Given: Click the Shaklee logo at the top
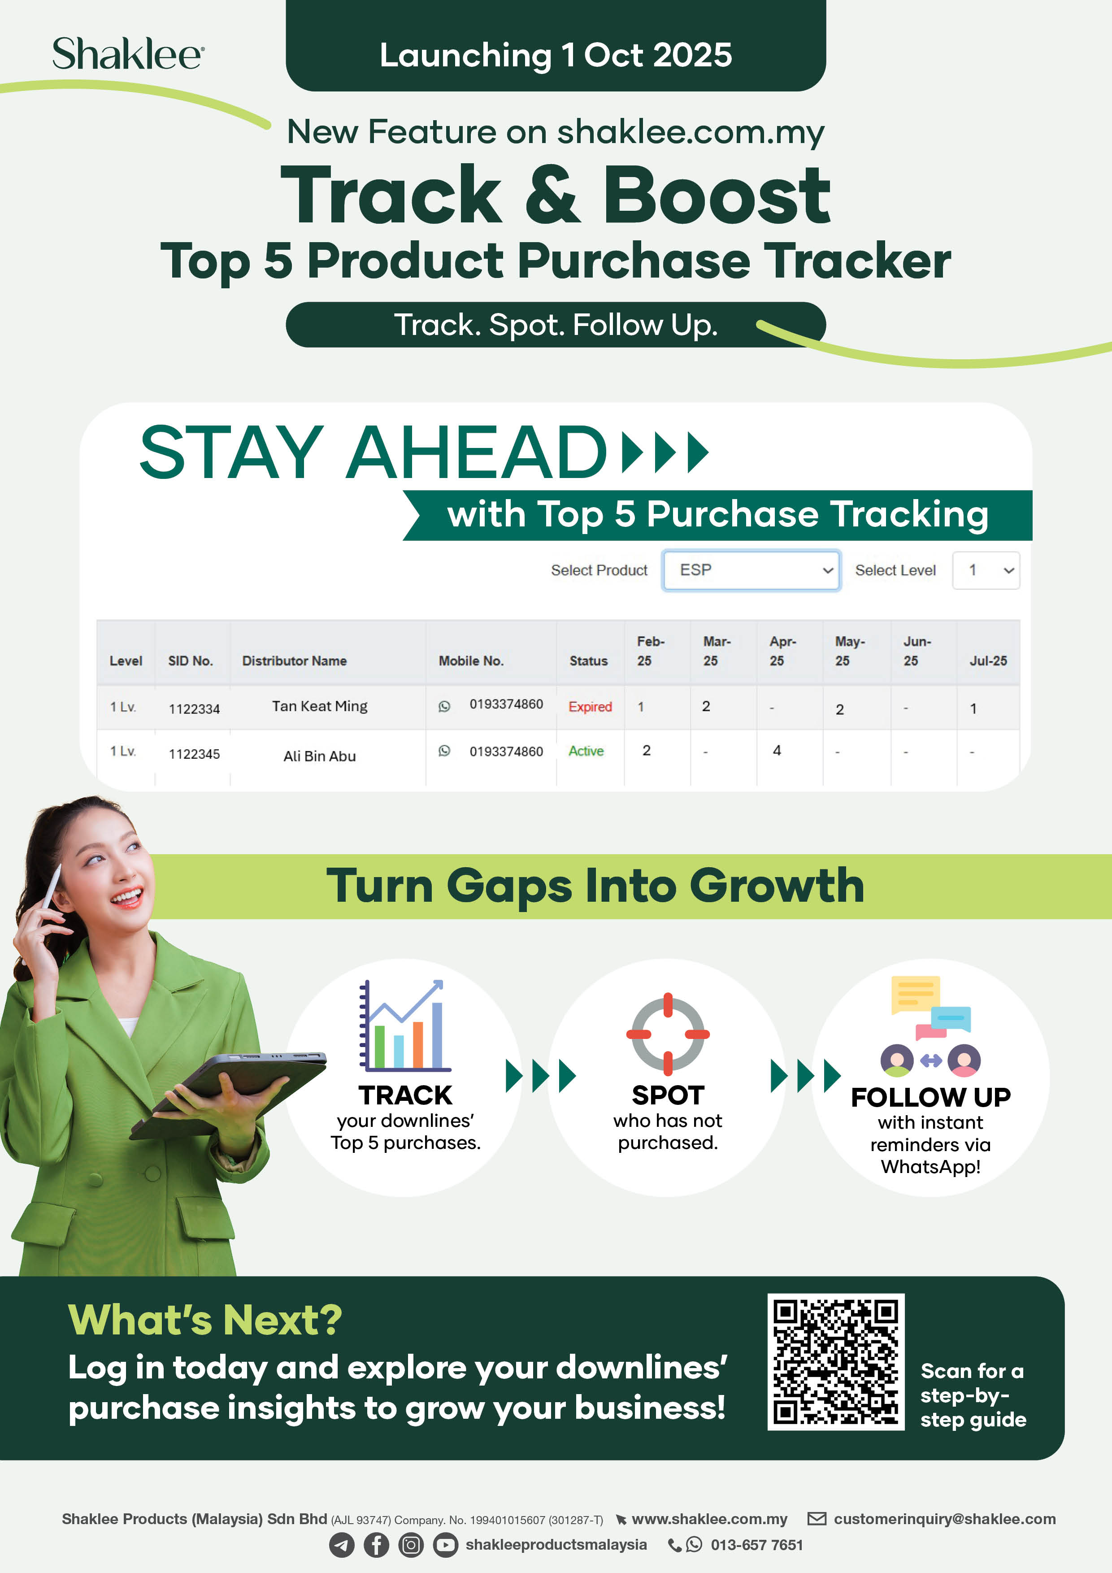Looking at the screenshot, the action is (x=128, y=54).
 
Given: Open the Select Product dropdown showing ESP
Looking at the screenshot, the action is (x=751, y=570).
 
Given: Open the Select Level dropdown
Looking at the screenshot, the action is (x=986, y=570).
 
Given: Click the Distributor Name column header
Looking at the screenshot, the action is (x=294, y=660).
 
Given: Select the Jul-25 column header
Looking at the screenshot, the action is (x=988, y=660).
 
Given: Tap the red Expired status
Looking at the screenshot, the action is (x=590, y=706).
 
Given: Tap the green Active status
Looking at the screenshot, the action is (x=586, y=751).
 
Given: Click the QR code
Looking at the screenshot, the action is (x=836, y=1362).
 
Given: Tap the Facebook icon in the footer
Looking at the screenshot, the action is (x=376, y=1545).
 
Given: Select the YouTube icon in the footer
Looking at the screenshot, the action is (x=445, y=1545).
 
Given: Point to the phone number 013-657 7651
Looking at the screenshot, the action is (x=756, y=1545).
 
